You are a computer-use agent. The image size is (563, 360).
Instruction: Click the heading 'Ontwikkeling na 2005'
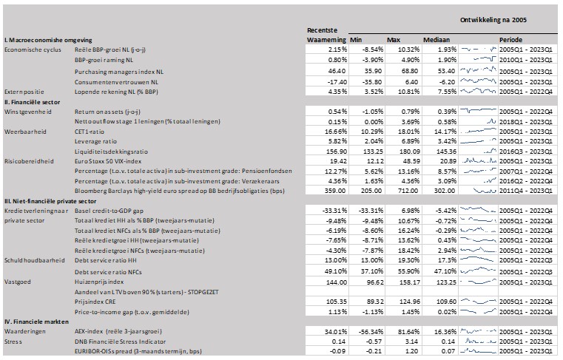(x=493, y=20)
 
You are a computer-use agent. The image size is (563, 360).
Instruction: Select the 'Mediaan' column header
(x=436, y=40)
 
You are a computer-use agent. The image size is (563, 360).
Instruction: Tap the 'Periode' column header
(x=510, y=40)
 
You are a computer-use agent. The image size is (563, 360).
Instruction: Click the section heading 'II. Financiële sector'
(x=33, y=102)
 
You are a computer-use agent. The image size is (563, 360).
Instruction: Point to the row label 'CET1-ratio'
(x=90, y=132)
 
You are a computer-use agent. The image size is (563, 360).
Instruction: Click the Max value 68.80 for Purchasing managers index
(x=410, y=71)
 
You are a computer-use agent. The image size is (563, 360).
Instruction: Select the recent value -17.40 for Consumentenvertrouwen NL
(x=337, y=82)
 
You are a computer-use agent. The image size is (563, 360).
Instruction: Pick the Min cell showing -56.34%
(x=371, y=332)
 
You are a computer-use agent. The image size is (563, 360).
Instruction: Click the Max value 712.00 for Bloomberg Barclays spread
(x=408, y=191)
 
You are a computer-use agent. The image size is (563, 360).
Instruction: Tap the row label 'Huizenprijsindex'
(x=99, y=282)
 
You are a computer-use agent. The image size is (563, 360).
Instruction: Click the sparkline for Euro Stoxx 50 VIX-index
(x=478, y=160)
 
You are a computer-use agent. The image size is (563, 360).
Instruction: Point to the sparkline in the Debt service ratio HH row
(x=477, y=259)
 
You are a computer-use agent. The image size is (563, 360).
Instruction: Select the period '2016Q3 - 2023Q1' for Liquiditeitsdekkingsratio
(x=526, y=152)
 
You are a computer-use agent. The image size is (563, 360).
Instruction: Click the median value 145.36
(x=446, y=152)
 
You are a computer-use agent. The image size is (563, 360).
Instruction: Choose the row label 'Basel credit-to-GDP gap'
(x=109, y=211)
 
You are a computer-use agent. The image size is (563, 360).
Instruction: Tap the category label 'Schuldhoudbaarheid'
(x=35, y=260)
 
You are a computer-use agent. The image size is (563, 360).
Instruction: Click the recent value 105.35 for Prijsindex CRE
(x=337, y=302)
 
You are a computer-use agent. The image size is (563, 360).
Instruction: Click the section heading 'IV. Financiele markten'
(x=36, y=322)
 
